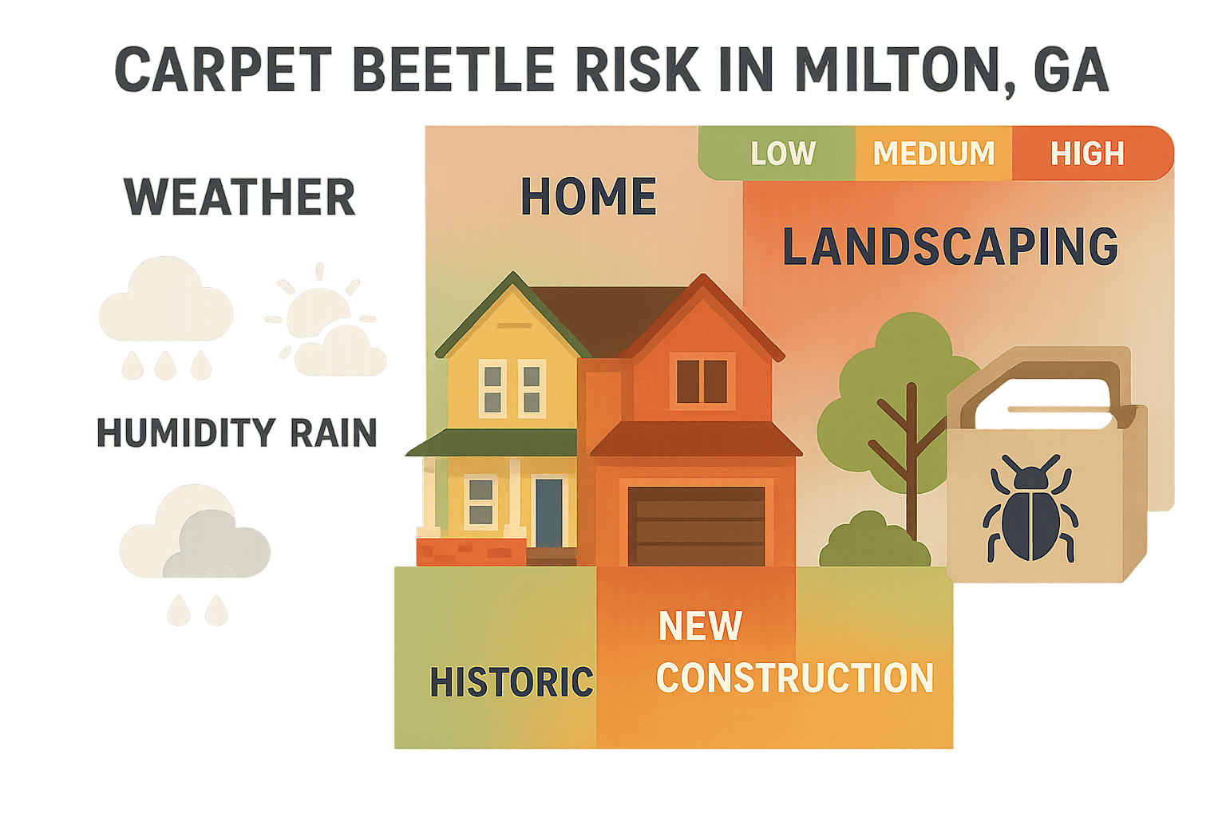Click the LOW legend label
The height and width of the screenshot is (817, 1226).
(782, 153)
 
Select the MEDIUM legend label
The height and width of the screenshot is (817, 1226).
(933, 153)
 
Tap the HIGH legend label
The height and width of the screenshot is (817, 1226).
(1086, 153)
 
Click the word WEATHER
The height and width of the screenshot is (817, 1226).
(239, 198)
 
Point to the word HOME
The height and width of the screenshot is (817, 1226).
(588, 197)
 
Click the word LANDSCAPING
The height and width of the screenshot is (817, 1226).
(950, 247)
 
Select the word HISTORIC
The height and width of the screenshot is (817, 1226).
(512, 682)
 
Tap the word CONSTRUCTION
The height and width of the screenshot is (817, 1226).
(794, 678)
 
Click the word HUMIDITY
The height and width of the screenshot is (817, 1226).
(185, 433)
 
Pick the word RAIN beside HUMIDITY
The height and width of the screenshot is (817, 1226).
(333, 433)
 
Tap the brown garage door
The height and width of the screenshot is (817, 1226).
(696, 527)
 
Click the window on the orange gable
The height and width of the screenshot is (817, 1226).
(702, 381)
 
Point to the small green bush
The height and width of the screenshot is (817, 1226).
(873, 543)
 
